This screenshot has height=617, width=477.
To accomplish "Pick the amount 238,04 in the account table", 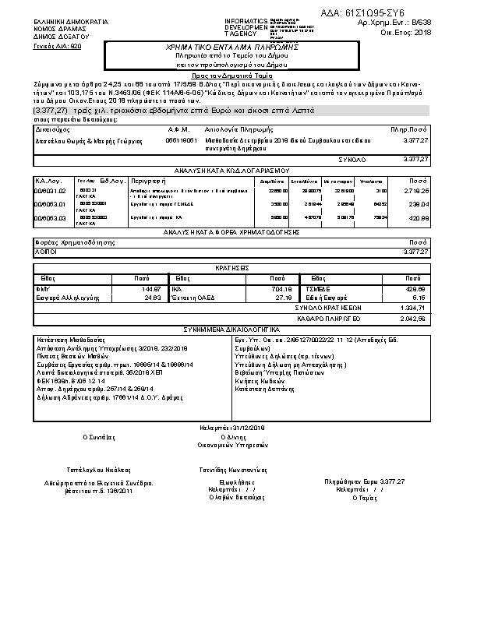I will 418,204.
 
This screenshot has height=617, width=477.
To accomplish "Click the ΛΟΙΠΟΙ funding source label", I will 45,252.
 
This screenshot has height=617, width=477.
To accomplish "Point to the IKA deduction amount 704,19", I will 281,288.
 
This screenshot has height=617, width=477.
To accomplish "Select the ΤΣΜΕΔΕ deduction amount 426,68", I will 417,288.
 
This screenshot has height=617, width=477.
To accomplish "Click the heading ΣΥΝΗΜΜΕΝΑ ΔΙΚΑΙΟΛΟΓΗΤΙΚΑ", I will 231,329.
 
